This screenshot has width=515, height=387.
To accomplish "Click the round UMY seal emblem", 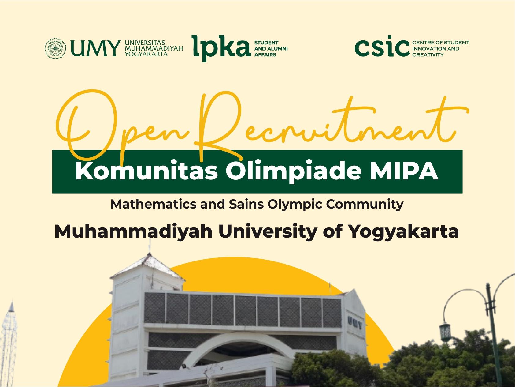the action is tap(55, 48).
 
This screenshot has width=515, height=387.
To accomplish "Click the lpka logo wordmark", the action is tap(220, 49).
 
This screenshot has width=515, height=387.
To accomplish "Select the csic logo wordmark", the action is tap(382, 48).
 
